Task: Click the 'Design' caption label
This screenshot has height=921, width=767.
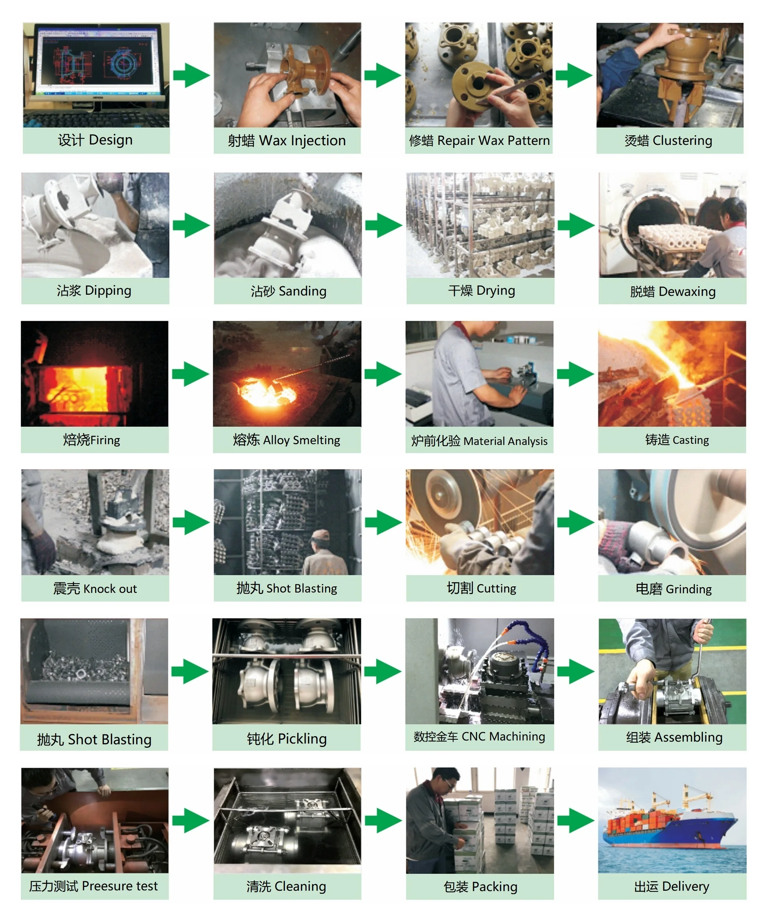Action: point(95,140)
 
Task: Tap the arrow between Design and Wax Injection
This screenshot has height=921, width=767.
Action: point(191,76)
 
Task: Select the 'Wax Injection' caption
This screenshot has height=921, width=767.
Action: point(286,141)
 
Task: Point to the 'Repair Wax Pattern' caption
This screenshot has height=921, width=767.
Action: point(479,141)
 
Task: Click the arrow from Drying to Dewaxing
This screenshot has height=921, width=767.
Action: point(576,225)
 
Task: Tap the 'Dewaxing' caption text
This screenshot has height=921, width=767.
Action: point(672,292)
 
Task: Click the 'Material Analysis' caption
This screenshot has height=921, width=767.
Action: point(479,441)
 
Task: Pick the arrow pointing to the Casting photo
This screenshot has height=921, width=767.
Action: point(575,374)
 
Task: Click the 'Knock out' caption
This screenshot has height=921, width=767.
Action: point(95,589)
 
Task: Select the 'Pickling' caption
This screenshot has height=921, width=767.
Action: point(286,739)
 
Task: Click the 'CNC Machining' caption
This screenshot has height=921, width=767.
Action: point(479,737)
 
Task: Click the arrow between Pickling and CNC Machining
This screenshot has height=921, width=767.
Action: point(383,671)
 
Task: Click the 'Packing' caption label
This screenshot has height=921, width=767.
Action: point(480,887)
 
